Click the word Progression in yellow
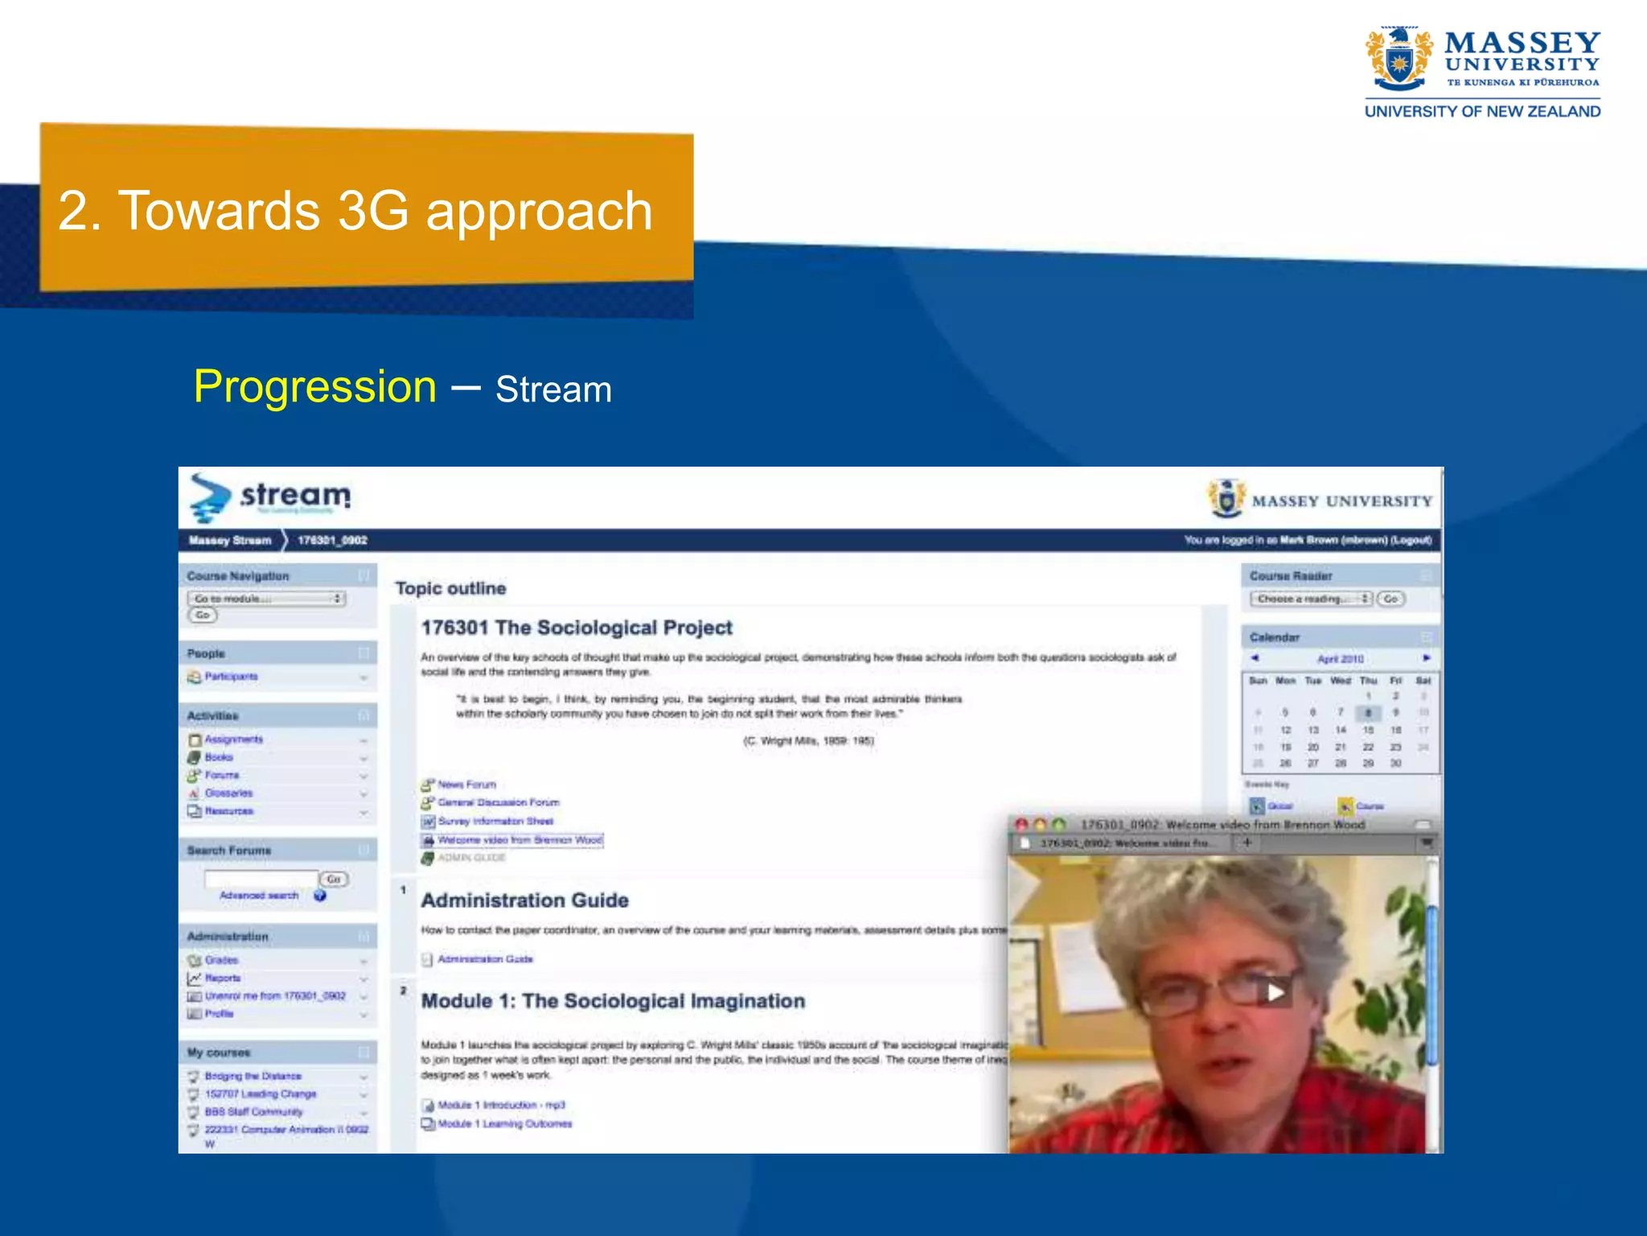pos(314,387)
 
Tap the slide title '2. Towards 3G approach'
pos(355,211)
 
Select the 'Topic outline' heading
pos(450,588)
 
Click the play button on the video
pos(1275,992)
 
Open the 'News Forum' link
pos(466,785)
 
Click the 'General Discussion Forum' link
pos(498,802)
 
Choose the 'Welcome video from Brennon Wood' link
pos(520,840)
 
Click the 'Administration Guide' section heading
pos(524,900)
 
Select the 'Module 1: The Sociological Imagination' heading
pos(613,1001)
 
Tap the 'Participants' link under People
pos(231,677)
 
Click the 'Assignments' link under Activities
pos(233,740)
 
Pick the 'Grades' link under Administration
pos(221,960)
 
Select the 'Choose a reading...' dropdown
pos(1311,599)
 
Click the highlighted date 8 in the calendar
pos(1368,713)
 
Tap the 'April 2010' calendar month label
pos(1340,659)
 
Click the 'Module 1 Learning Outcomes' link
pos(504,1124)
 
